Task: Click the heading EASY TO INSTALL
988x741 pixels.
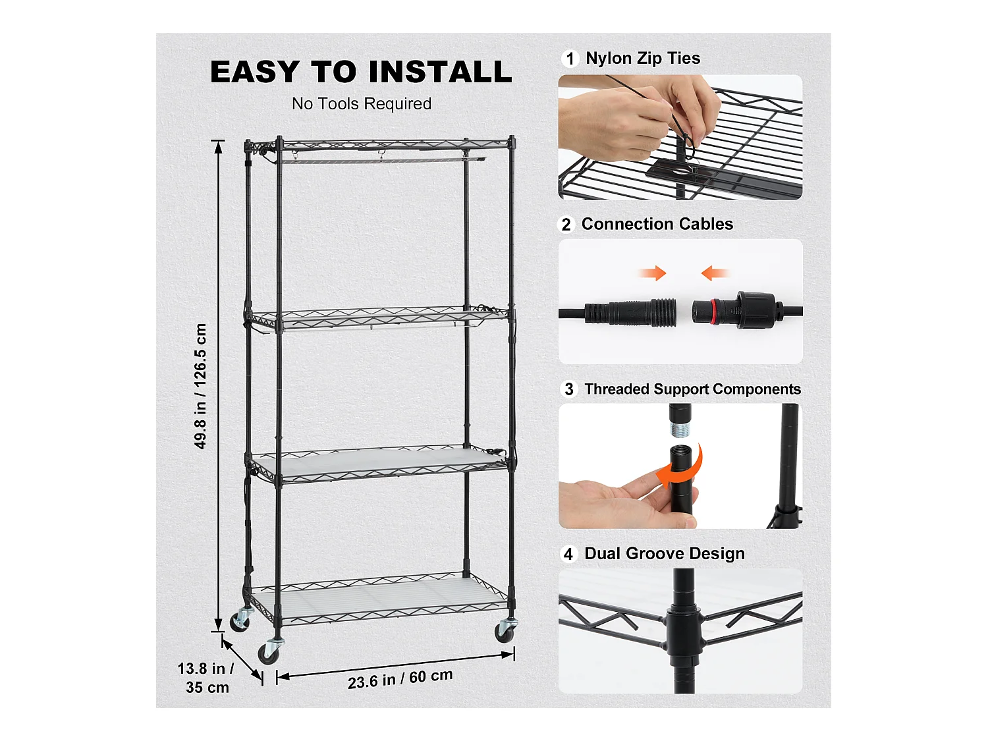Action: point(361,72)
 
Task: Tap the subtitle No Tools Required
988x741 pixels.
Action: point(362,104)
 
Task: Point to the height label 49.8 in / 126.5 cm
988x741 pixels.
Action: point(200,386)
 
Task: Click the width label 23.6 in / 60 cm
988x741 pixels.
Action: point(400,679)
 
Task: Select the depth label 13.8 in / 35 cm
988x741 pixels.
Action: point(207,678)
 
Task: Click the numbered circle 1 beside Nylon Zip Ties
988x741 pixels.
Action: point(570,59)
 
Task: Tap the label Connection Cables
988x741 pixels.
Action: point(657,224)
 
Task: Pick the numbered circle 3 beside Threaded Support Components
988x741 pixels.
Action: point(569,389)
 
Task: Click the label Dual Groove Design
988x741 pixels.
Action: point(665,553)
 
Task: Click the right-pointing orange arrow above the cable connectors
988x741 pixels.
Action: point(652,273)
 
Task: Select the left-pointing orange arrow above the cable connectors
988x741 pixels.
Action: point(715,273)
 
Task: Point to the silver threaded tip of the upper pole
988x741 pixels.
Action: point(680,429)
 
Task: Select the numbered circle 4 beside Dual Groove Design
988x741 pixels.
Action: point(568,554)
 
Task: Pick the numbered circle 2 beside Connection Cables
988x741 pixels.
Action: point(566,225)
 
